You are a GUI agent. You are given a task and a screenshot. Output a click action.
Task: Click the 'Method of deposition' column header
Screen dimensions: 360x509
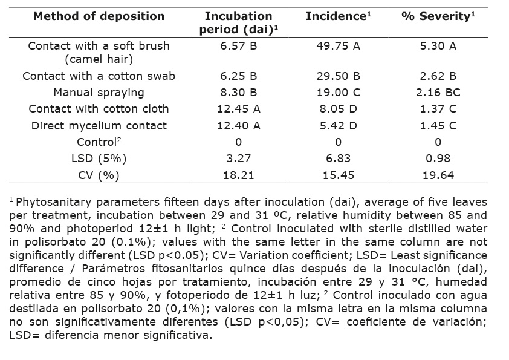(x=99, y=16)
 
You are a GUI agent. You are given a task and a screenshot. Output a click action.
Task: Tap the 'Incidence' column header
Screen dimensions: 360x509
(x=337, y=16)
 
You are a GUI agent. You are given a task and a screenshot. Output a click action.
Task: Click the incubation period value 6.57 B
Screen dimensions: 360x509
(x=238, y=46)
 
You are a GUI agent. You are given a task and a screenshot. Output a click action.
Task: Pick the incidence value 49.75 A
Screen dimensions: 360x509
(x=338, y=46)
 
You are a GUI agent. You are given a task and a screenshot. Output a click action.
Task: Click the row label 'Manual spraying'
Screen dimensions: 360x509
(x=99, y=93)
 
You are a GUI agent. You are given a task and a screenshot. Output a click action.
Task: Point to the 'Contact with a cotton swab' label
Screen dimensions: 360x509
(x=99, y=76)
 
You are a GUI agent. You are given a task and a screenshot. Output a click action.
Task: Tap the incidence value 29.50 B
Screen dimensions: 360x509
(x=338, y=76)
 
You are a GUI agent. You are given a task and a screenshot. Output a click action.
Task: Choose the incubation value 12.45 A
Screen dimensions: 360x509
(x=238, y=109)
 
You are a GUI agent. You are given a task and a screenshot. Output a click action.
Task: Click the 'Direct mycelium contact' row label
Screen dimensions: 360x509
(x=99, y=126)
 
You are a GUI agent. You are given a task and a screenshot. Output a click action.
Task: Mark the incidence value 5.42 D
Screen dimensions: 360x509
(x=338, y=126)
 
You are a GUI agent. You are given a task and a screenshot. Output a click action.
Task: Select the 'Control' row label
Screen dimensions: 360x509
(x=97, y=142)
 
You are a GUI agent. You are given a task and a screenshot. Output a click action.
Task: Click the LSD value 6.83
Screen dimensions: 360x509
(x=338, y=159)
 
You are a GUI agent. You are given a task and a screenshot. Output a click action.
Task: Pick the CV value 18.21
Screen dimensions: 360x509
(x=238, y=175)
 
